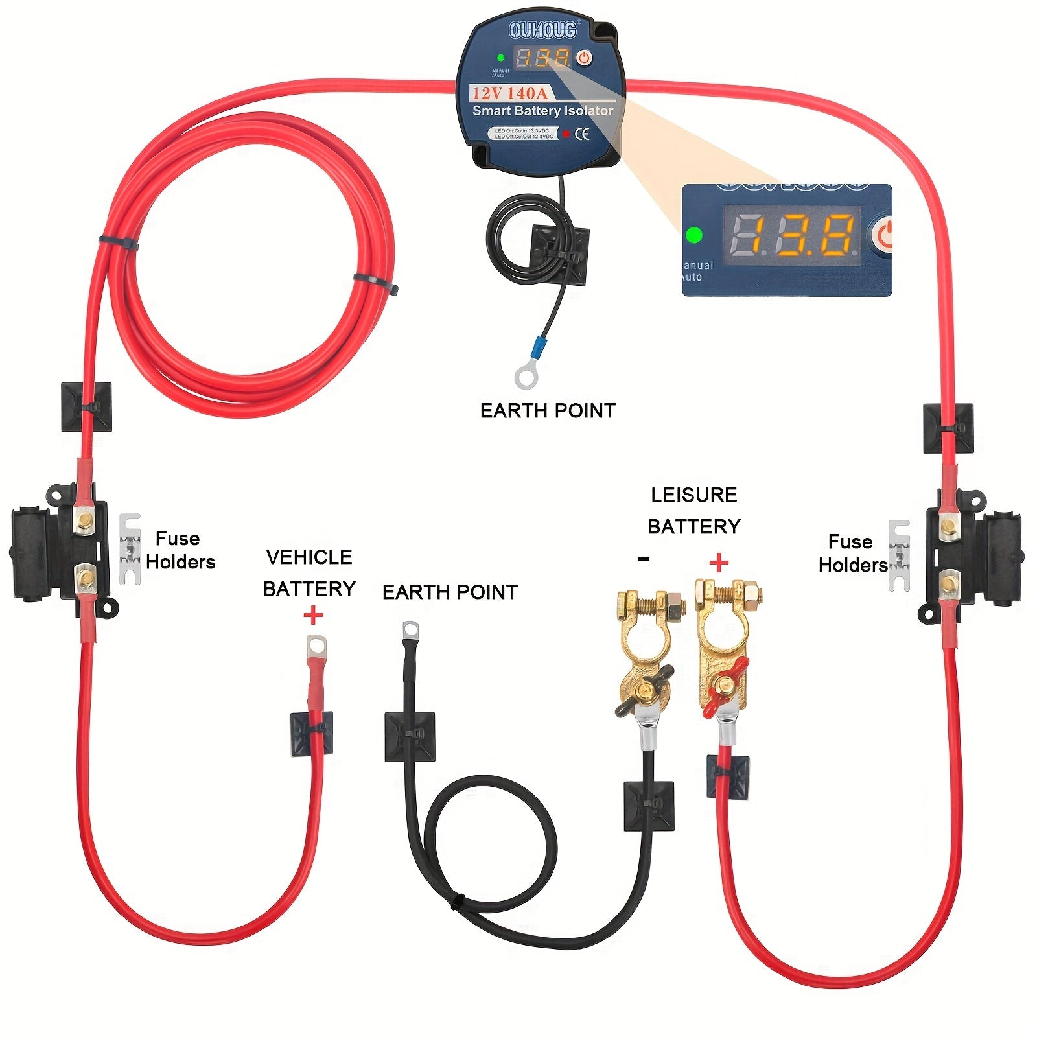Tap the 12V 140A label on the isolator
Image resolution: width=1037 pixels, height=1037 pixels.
pyautogui.click(x=509, y=93)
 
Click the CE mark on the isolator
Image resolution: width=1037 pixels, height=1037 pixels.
pyautogui.click(x=583, y=134)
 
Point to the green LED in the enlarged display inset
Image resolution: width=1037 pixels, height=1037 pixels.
pyautogui.click(x=694, y=235)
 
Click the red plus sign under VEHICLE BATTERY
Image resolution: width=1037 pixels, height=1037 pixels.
pyautogui.click(x=313, y=614)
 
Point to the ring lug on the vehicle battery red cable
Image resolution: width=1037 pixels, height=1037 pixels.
pyautogui.click(x=316, y=645)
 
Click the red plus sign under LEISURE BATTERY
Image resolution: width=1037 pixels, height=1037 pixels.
pyautogui.click(x=718, y=562)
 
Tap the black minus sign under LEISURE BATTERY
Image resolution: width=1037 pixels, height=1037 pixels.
pyautogui.click(x=643, y=559)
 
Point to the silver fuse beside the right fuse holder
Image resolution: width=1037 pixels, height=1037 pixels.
pyautogui.click(x=899, y=555)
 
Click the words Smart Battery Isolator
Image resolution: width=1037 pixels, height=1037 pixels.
pyautogui.click(x=542, y=111)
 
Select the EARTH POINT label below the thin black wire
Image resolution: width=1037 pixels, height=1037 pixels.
pyautogui.click(x=548, y=410)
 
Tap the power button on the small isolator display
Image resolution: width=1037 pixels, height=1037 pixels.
pyautogui.click(x=585, y=58)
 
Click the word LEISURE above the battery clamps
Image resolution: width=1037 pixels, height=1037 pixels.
pyautogui.click(x=693, y=495)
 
